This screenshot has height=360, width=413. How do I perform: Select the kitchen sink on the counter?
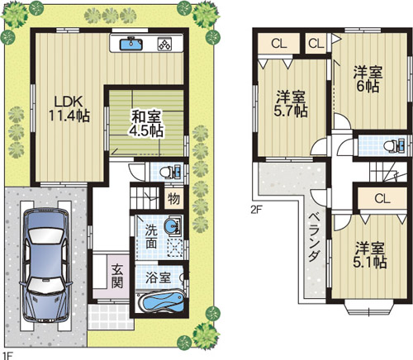click(x=131, y=44)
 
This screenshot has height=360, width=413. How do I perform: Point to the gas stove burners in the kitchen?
click(x=164, y=45)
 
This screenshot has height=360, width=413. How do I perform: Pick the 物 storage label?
click(x=173, y=199)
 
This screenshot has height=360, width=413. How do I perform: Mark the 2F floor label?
click(x=255, y=209)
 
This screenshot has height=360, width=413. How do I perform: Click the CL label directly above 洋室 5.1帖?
click(x=381, y=198)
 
